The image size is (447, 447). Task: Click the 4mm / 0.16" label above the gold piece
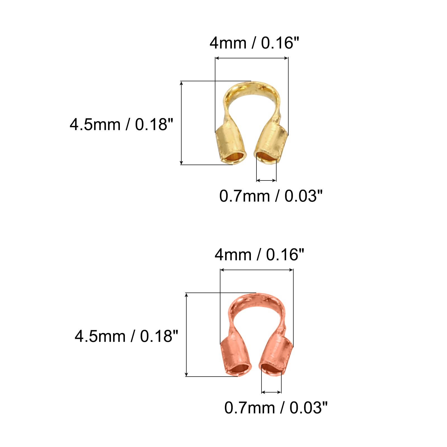click(x=254, y=43)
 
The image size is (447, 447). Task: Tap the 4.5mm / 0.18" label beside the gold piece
click(x=121, y=125)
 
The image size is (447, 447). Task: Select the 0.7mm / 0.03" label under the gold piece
click(x=271, y=196)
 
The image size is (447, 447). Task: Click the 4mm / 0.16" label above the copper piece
click(x=259, y=255)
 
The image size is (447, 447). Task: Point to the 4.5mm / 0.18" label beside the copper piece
click(x=126, y=336)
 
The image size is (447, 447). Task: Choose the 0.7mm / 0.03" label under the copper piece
click(x=276, y=408)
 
